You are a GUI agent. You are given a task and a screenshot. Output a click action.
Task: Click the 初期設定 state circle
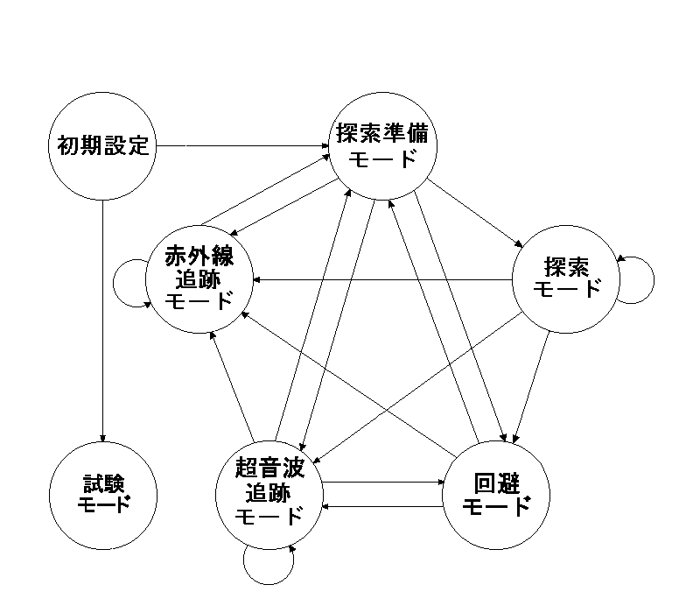pos(102,145)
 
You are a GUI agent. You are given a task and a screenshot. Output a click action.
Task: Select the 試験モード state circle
pos(102,494)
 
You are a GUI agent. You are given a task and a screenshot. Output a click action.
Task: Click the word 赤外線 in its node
pos(202,260)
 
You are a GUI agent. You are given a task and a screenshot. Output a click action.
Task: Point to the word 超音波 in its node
pos(270,470)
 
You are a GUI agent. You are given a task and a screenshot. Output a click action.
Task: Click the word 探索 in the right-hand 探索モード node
pos(566,265)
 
